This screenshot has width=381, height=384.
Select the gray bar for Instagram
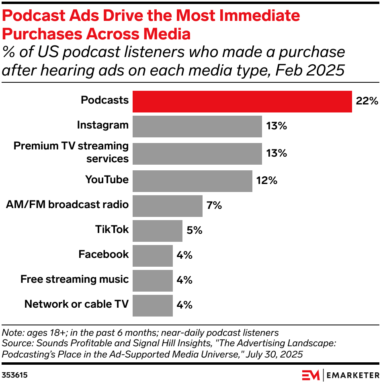click(x=197, y=126)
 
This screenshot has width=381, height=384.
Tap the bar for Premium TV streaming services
click(x=197, y=153)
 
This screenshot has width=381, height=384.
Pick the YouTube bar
click(x=192, y=180)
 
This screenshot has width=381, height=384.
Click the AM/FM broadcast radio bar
click(x=167, y=206)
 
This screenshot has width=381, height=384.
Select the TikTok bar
click(x=157, y=231)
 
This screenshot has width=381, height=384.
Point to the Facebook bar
click(x=152, y=255)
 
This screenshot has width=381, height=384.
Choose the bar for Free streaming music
click(x=152, y=280)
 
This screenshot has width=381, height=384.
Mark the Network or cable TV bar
click(x=152, y=305)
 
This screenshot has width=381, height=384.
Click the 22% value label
click(x=367, y=101)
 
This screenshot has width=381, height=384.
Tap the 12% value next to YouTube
click(x=267, y=180)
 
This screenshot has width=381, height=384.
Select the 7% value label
click(x=214, y=206)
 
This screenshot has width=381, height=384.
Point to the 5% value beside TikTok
click(x=195, y=231)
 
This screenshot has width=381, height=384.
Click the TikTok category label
click(x=112, y=229)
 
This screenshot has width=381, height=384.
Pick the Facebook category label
click(x=103, y=254)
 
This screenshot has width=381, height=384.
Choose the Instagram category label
click(x=102, y=125)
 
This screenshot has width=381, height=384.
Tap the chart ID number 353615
click(x=15, y=375)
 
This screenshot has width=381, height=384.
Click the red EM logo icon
click(x=311, y=375)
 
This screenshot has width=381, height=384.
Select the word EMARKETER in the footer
click(x=352, y=375)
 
